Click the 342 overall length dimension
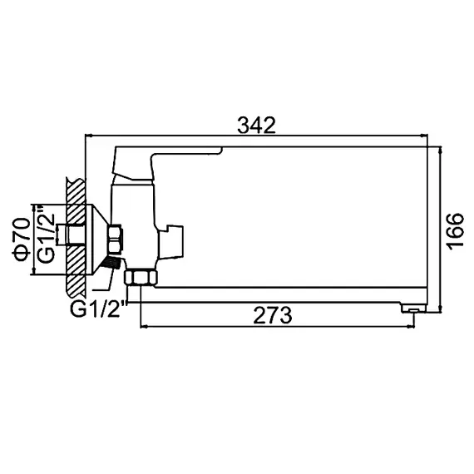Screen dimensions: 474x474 click(x=256, y=125)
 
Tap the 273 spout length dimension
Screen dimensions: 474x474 click(x=274, y=315)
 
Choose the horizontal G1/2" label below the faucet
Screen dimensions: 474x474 click(x=97, y=309)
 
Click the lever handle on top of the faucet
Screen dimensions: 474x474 click(x=166, y=159)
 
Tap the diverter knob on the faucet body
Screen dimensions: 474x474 click(x=175, y=239)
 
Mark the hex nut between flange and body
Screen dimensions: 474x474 click(x=117, y=239)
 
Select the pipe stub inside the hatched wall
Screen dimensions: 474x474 click(x=77, y=236)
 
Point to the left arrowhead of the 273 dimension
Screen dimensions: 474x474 click(x=145, y=326)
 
